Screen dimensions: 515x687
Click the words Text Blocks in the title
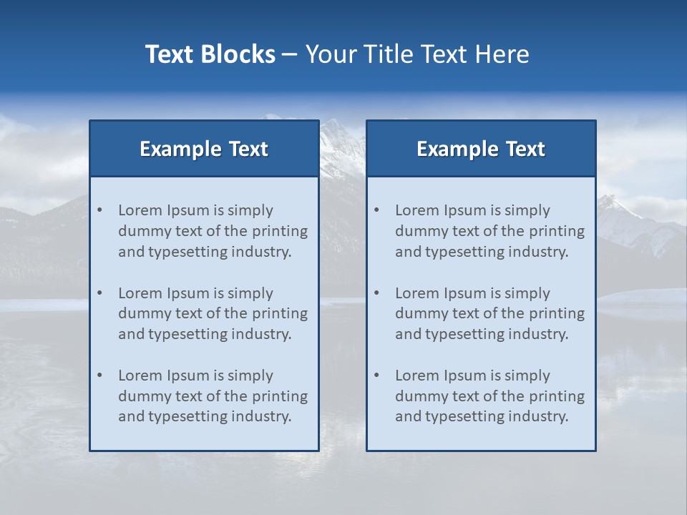[x=210, y=54]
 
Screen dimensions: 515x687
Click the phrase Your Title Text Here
[x=417, y=54]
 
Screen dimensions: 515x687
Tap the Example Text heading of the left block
[x=204, y=149]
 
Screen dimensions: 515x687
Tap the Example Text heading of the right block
[x=481, y=149]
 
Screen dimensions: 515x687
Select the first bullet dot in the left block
[x=100, y=210]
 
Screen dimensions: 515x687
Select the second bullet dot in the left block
[x=100, y=293]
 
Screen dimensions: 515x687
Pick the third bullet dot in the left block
[x=100, y=376]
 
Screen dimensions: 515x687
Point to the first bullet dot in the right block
[x=377, y=210]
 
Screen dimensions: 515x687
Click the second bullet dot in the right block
[x=377, y=293]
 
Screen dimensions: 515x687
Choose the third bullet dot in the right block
[x=377, y=376]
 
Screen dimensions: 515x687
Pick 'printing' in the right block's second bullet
[x=557, y=313]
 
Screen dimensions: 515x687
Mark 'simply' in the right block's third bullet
[x=527, y=376]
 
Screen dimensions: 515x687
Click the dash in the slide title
[x=290, y=54]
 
